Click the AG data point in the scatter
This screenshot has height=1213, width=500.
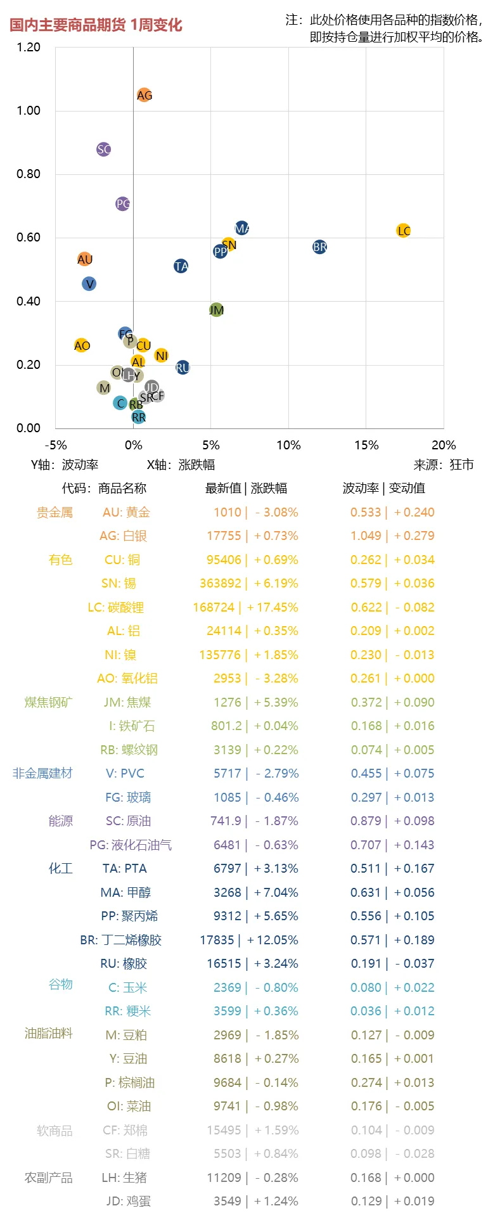tap(144, 95)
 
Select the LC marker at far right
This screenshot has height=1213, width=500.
tap(403, 231)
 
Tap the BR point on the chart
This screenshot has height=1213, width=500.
tap(319, 247)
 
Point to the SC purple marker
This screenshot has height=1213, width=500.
tap(104, 150)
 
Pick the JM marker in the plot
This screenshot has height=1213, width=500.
tap(216, 310)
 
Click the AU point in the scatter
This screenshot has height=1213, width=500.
tap(85, 259)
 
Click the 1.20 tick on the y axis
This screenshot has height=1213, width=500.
tap(29, 48)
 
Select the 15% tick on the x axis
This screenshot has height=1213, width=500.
tap(366, 446)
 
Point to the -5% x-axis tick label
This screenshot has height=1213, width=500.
tap(56, 446)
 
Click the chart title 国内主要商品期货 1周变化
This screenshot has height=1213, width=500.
tap(96, 25)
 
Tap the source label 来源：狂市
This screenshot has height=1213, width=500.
tap(444, 465)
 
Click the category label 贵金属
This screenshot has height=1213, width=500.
tap(54, 513)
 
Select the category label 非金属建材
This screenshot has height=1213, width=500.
tap(42, 774)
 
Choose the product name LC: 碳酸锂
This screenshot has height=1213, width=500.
tap(115, 608)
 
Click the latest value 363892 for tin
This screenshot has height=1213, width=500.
tap(220, 584)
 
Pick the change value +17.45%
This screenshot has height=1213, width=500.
tap(272, 608)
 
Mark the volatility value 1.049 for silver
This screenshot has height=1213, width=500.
tap(366, 536)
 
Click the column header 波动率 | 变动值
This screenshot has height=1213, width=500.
tap(383, 489)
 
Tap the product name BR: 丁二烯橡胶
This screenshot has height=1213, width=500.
tap(120, 940)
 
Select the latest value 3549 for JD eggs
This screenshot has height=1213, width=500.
tap(227, 1202)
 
